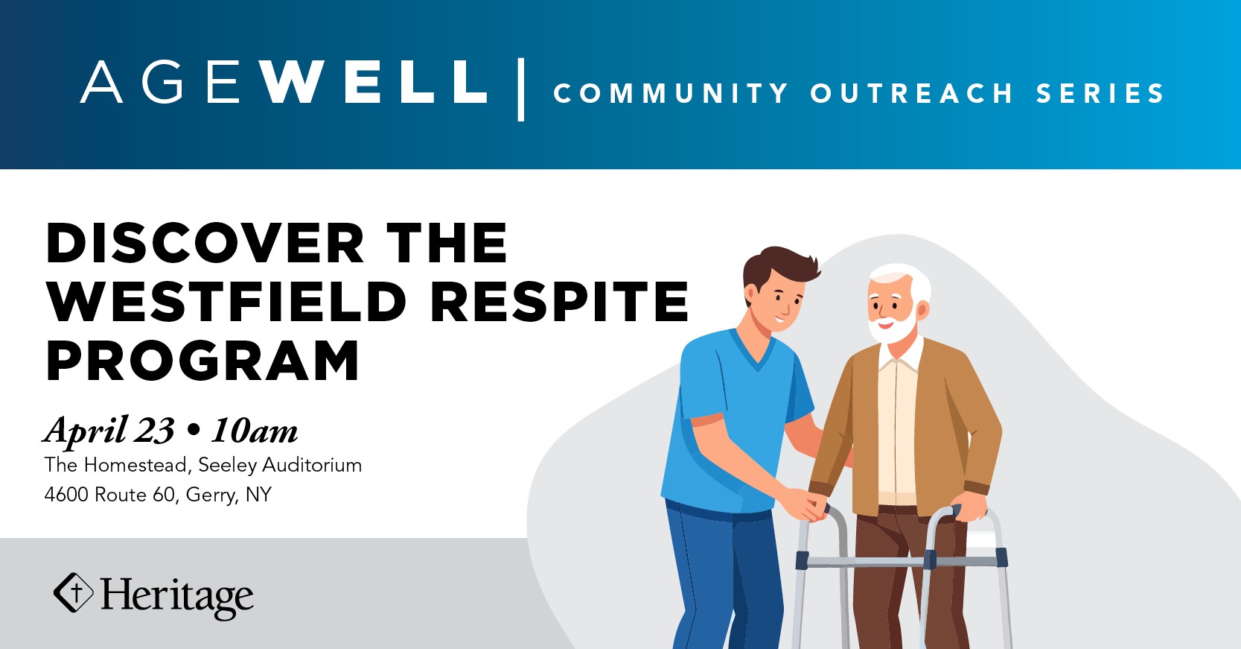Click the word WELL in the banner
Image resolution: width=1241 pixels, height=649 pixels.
[374, 81]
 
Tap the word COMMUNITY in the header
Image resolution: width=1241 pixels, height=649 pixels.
[671, 93]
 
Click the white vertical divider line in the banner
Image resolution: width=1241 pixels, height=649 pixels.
[521, 89]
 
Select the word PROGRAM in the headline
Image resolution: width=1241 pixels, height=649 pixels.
[202, 361]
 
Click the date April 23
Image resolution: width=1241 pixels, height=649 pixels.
[109, 431]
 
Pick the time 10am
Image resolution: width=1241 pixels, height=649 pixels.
[255, 431]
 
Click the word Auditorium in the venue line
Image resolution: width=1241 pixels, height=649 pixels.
[312, 465]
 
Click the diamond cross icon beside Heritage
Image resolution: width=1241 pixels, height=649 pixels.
[73, 592]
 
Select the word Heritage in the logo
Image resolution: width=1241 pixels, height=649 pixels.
[177, 597]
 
